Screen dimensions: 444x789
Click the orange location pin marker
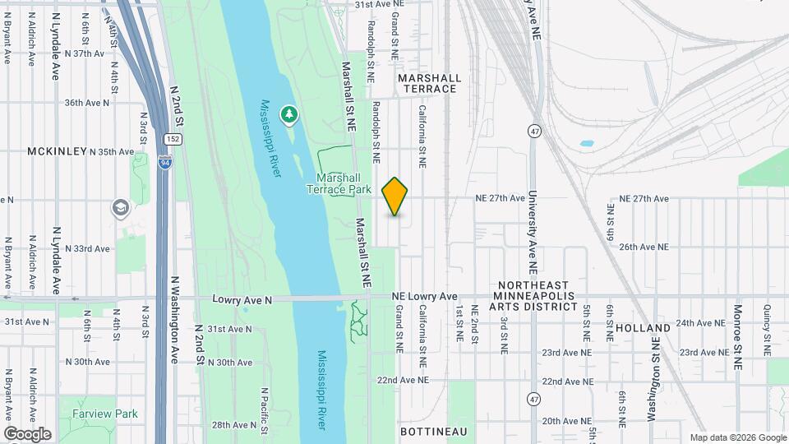394,196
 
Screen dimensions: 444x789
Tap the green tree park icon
288,114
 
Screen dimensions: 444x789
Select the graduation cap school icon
121,208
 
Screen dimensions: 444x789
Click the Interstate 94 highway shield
165,161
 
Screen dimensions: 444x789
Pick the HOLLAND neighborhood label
636,326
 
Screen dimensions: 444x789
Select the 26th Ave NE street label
644,247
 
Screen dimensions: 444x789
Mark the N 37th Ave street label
85,53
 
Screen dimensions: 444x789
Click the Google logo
27,434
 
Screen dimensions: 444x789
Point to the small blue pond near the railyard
586,143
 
